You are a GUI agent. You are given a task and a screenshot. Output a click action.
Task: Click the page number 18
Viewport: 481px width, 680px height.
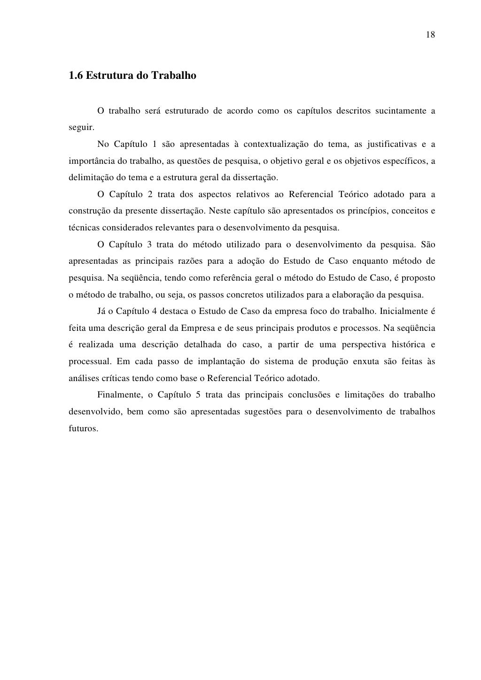coord(431,35)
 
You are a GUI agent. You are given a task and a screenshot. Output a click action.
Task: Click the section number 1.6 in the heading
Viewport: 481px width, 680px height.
coord(76,76)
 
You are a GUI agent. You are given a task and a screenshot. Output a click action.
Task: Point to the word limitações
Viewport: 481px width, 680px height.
coord(367,395)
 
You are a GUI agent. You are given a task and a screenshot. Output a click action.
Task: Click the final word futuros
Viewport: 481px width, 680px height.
coord(82,428)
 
